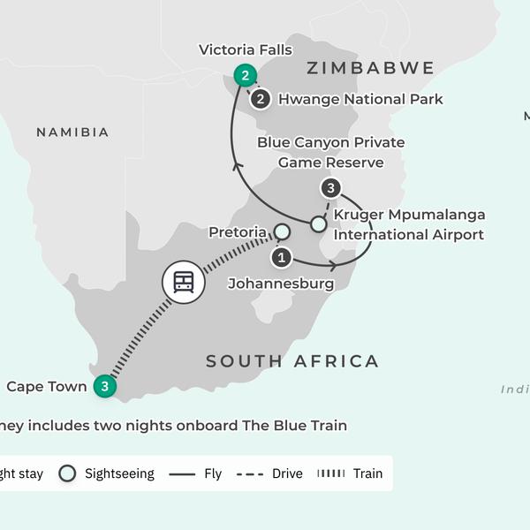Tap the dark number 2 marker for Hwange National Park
point(260,99)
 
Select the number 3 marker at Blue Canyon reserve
point(330,187)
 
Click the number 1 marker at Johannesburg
point(281,258)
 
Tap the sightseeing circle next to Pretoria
point(281,232)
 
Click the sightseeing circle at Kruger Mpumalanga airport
point(318,223)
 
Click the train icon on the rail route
point(183,283)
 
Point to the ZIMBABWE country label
point(370,68)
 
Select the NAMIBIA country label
point(72,132)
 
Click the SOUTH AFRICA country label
point(292,360)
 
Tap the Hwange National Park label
point(360,100)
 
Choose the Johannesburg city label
point(281,284)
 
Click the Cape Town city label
point(47,386)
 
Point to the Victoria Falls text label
point(246,49)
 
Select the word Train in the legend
point(367,473)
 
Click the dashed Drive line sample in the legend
point(251,473)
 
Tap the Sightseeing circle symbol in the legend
point(67,473)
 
